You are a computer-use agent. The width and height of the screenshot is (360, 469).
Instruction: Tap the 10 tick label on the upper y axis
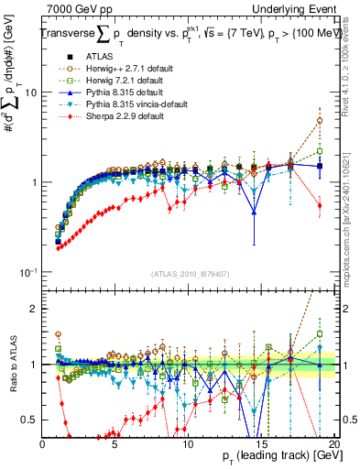[x=31, y=93]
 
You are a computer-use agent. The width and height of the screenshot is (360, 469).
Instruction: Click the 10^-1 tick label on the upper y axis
[x=28, y=272]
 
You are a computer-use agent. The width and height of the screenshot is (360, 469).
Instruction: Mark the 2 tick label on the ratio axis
[x=34, y=309]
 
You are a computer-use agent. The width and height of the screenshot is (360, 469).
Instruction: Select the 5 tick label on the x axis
[x=115, y=444]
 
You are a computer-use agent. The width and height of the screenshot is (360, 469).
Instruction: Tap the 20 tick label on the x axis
[x=333, y=444]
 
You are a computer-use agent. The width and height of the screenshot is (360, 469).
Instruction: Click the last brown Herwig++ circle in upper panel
[x=319, y=121]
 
